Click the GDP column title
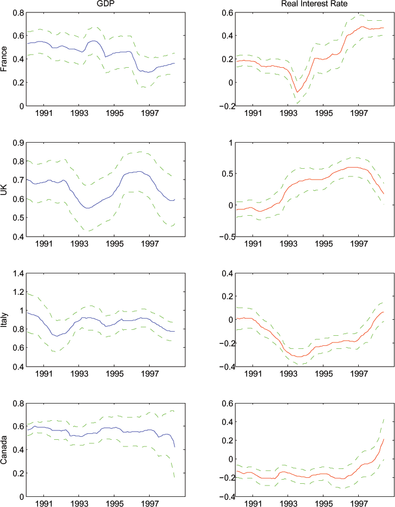105,4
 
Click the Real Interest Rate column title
306,4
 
